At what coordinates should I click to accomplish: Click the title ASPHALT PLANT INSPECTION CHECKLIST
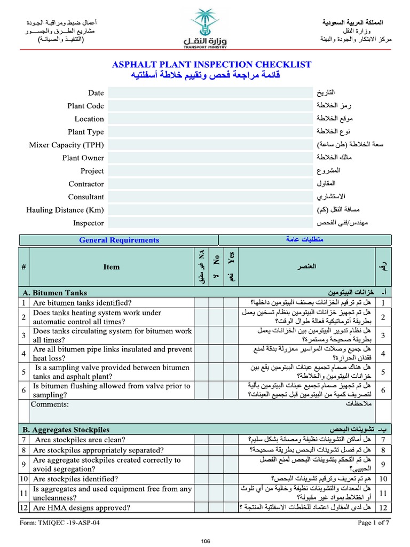click(x=211, y=65)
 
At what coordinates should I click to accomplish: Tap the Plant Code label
click(x=85, y=106)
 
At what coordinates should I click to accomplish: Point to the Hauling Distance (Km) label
click(x=65, y=210)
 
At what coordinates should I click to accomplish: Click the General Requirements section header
click(x=119, y=240)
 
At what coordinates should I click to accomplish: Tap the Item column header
click(x=112, y=267)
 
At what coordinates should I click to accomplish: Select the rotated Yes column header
click(x=231, y=259)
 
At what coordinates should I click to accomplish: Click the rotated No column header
click(x=216, y=259)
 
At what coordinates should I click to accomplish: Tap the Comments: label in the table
click(x=50, y=404)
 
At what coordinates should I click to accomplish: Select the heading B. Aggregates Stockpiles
click(x=66, y=429)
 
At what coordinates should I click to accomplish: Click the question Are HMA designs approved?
click(x=82, y=507)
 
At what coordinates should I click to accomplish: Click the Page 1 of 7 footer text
click(x=373, y=522)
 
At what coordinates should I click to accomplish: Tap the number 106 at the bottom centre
click(x=205, y=541)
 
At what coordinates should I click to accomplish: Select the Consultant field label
click(x=86, y=197)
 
